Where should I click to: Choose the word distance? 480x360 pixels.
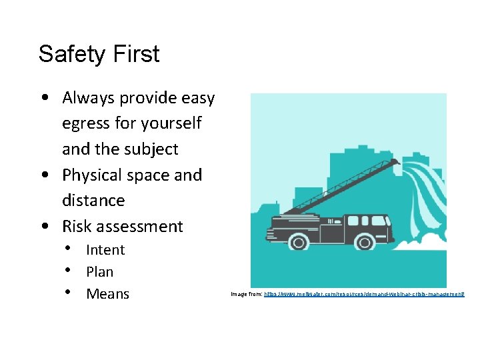93,200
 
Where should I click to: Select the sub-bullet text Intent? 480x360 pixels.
105,250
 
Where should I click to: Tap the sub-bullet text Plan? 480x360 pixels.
100,272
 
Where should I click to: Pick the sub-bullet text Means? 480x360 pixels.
107,294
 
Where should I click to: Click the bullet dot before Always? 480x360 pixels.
43,97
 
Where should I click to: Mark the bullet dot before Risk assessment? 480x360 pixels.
43,226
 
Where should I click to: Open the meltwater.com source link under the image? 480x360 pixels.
364,294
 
